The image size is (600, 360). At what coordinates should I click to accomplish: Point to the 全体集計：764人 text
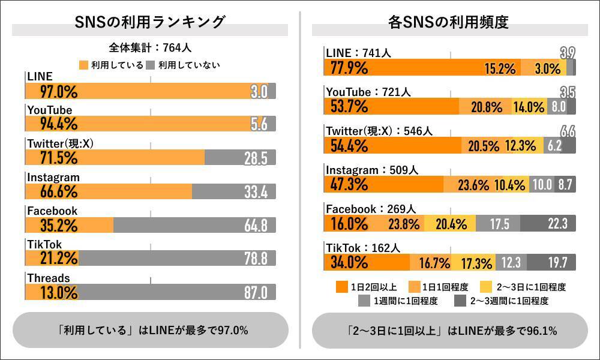coord(150,47)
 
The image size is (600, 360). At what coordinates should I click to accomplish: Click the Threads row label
coord(49,278)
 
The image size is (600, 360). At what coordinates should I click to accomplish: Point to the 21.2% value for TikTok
coord(52,259)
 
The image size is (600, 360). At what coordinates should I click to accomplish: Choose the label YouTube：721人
coord(368,92)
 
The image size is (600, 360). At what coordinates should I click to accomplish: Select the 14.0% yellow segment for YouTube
coord(529,107)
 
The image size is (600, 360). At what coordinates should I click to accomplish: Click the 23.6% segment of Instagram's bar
coord(473,185)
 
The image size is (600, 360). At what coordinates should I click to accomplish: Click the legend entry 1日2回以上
coord(365,287)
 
